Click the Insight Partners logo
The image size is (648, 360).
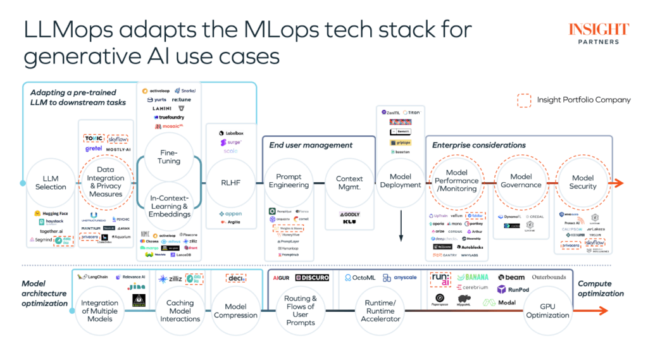pyautogui.click(x=598, y=34)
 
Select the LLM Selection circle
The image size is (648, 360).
pyautogui.click(x=51, y=183)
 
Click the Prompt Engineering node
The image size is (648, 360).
pyautogui.click(x=289, y=181)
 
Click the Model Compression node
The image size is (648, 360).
pyautogui.click(x=235, y=311)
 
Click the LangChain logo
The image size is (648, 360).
pyautogui.click(x=94, y=276)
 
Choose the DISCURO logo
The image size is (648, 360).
pyautogui.click(x=312, y=278)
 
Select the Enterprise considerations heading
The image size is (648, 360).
pyautogui.click(x=478, y=145)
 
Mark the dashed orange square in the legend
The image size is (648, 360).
pyautogui.click(x=524, y=100)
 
